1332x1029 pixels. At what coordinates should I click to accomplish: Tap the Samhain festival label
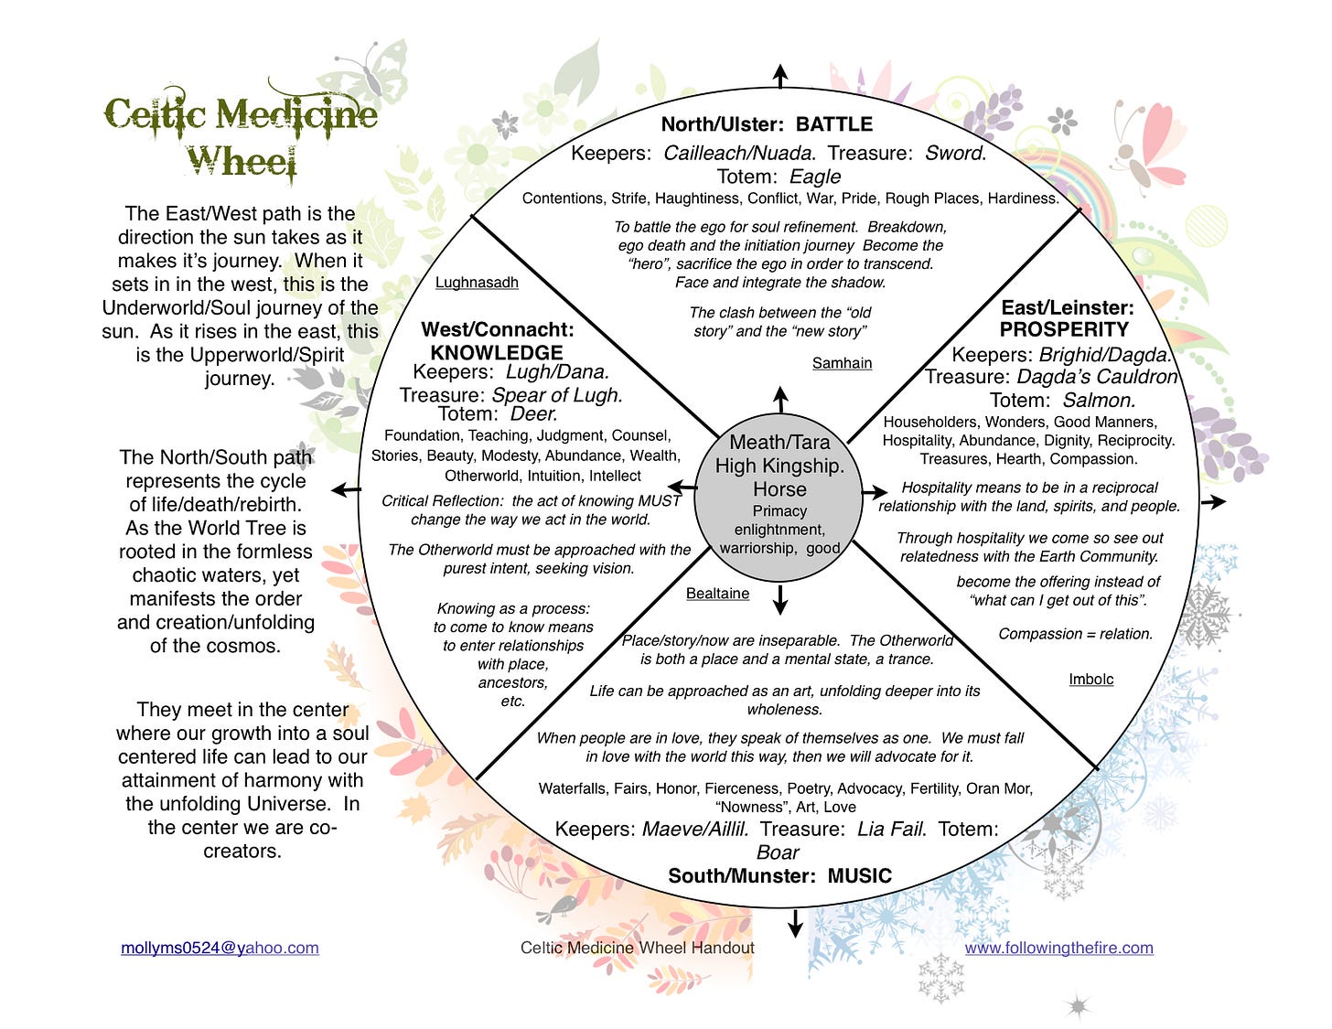(x=842, y=363)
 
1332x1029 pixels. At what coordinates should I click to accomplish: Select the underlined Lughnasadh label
(x=477, y=283)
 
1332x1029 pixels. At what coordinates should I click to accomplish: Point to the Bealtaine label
(x=717, y=594)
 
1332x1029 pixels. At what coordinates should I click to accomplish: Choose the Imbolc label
(x=1090, y=679)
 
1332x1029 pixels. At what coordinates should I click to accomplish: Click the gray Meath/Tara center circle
(x=779, y=494)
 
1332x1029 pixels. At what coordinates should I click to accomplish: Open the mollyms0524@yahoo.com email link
(x=220, y=948)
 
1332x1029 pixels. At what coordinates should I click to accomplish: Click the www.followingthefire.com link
(x=1058, y=948)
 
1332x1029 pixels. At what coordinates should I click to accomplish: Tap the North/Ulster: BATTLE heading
(x=767, y=124)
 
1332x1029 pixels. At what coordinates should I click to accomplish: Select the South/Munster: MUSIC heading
(x=779, y=875)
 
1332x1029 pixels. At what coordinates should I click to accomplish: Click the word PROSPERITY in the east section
(x=1064, y=329)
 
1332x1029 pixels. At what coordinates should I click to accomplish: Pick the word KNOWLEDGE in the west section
(x=497, y=352)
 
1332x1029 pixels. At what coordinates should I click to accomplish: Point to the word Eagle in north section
(x=814, y=177)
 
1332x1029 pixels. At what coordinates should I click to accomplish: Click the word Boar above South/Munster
(x=778, y=852)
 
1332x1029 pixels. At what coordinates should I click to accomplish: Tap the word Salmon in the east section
(x=1098, y=400)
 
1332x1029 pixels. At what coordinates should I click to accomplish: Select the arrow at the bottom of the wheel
(x=795, y=924)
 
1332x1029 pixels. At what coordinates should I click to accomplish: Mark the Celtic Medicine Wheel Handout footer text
(x=638, y=948)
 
